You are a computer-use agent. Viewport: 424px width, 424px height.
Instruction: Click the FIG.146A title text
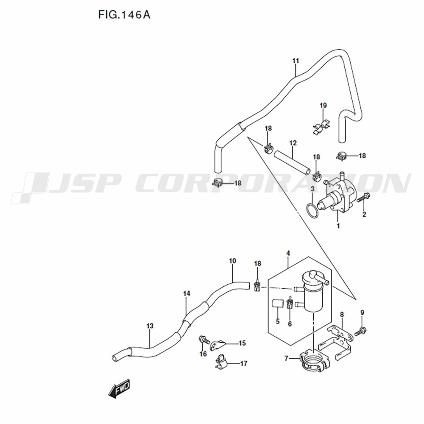pos(124,15)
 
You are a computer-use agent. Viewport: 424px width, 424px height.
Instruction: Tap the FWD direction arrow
pos(119,388)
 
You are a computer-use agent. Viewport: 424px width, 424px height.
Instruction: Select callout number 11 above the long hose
pos(296,61)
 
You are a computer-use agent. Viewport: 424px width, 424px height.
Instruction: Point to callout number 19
pos(324,106)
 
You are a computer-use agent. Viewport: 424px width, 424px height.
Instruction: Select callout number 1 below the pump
pos(338,226)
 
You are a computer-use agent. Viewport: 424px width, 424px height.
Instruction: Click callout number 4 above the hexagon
pos(288,254)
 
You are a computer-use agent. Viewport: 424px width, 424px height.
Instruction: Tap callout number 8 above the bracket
pos(342,315)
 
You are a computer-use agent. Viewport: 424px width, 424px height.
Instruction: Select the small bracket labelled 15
pos(218,345)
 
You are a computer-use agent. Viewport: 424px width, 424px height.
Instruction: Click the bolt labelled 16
pos(204,339)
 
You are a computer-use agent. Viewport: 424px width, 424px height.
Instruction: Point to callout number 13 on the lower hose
pos(150,326)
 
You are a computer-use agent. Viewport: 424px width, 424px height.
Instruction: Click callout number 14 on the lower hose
pos(187,293)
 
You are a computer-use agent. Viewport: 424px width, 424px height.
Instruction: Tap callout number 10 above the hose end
pos(232,261)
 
